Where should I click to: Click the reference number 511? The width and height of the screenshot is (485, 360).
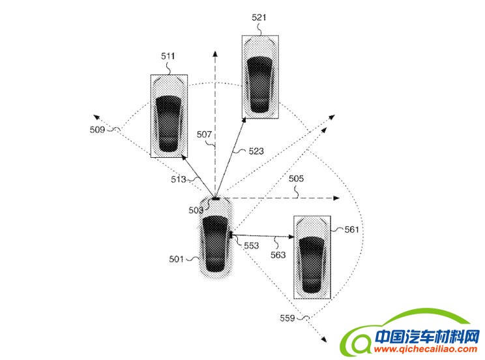tap(168, 57)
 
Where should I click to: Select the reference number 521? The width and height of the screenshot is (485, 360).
tap(259, 18)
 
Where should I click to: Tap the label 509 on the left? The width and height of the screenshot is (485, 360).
tap(97, 130)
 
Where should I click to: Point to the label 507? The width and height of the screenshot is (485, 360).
tap(204, 135)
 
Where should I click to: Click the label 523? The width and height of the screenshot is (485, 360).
tap(256, 151)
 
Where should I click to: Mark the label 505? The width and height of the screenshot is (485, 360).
tap(296, 178)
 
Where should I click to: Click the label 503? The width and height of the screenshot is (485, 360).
tap(196, 210)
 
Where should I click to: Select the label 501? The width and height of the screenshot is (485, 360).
tap(177, 259)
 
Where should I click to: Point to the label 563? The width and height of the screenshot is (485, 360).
tap(278, 255)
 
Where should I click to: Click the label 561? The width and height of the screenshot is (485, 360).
tap(352, 230)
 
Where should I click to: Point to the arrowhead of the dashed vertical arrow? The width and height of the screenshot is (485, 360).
tap(215, 53)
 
